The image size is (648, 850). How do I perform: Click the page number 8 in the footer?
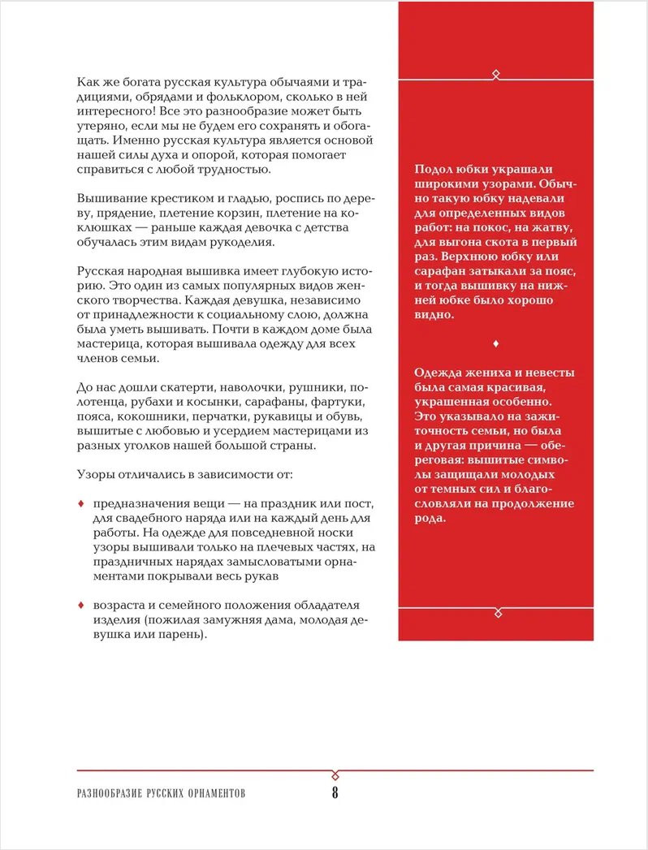(335, 793)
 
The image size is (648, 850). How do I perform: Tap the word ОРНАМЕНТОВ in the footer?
(212, 794)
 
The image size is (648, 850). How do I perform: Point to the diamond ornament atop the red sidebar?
(496, 75)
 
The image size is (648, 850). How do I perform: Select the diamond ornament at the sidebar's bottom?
(496, 610)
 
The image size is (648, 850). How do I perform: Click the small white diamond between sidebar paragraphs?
(495, 343)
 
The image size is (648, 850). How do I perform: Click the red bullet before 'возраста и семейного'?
(80, 606)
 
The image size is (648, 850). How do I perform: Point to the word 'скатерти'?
(185, 387)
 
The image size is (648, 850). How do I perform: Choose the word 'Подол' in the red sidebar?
(433, 170)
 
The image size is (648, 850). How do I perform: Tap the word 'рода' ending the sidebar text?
(430, 519)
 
